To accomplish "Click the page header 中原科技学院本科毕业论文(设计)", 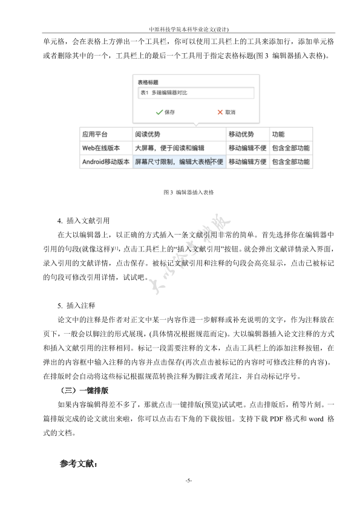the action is click(180, 28).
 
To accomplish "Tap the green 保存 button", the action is click(165, 112).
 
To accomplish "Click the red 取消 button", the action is click(226, 112).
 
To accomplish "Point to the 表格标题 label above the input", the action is click(148, 82).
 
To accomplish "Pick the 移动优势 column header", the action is click(240, 134).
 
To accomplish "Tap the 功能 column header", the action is click(278, 134).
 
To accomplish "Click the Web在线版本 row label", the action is click(102, 148).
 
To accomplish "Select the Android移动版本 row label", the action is click(106, 162).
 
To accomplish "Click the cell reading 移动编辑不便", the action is click(247, 148).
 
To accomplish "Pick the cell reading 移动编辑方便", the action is click(247, 162).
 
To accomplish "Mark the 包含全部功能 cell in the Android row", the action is click(290, 162).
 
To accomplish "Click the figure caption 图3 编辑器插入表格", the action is click(189, 192).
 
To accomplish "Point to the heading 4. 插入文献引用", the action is click(83, 220).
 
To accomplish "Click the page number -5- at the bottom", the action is click(189, 480).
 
